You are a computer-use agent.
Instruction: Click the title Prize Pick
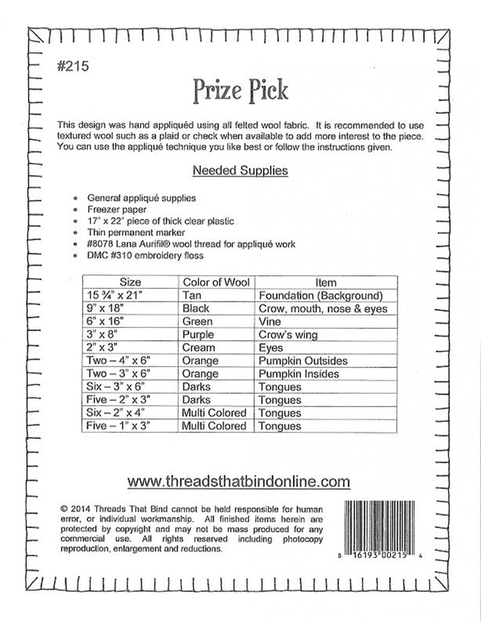[x=240, y=90]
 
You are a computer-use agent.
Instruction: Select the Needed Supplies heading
[x=240, y=170]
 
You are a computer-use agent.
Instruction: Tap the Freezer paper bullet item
[x=117, y=209]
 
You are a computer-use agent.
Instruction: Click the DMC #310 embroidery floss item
[x=145, y=256]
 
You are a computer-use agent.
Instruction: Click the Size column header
[x=130, y=282]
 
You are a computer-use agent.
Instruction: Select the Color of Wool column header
[x=216, y=282]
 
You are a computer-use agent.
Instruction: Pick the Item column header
[x=326, y=282]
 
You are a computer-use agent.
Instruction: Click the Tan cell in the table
[x=192, y=295]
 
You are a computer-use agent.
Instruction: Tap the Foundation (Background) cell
[x=320, y=295]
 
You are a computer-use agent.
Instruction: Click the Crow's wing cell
[x=288, y=334]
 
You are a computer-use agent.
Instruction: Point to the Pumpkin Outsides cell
[x=303, y=360]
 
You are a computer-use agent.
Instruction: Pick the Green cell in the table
[x=197, y=321]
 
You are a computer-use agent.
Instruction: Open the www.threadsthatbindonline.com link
[x=239, y=481]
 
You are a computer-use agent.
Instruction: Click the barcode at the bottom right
[x=383, y=526]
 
